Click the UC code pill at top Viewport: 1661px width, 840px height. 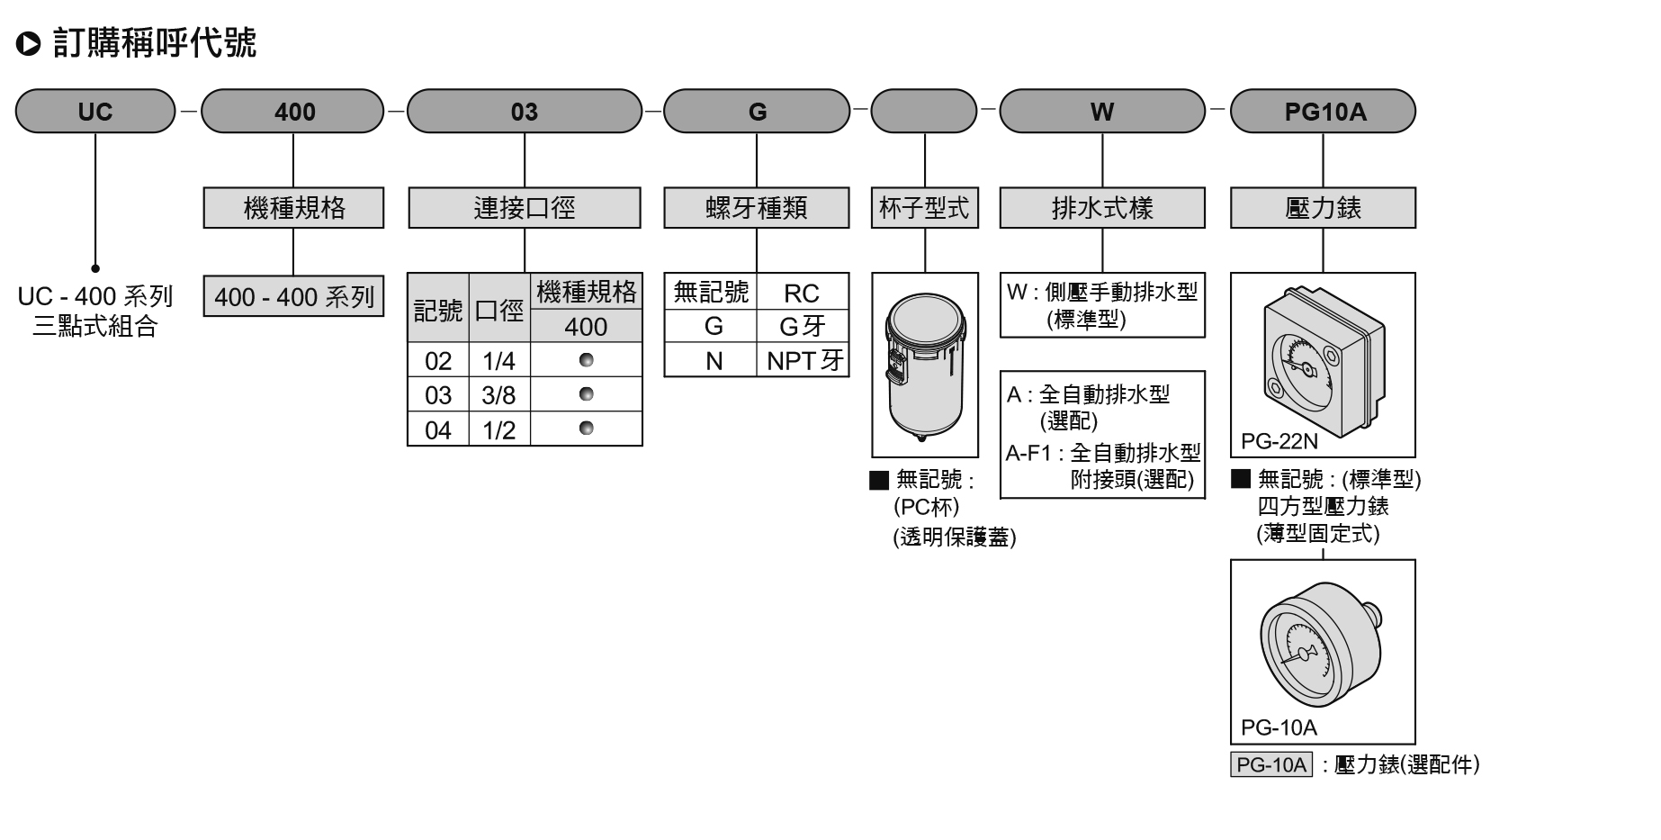[95, 111]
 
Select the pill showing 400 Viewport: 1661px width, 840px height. [293, 111]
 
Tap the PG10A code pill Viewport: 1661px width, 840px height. [1323, 111]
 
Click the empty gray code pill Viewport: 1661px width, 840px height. [924, 111]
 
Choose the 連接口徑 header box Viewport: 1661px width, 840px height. [525, 208]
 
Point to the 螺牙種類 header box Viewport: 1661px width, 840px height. [757, 208]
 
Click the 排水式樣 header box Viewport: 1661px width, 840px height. [1102, 208]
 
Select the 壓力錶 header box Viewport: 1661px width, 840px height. [1323, 208]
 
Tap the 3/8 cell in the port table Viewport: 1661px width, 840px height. [499, 394]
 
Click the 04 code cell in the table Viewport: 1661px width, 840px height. [438, 429]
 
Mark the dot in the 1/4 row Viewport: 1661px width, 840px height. [587, 360]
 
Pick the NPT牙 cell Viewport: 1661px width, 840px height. [804, 360]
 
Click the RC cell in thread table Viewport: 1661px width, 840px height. [802, 293]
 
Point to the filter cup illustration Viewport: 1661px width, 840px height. [925, 366]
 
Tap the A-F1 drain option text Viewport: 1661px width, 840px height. [1103, 465]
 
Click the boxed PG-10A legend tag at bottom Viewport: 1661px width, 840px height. [1271, 764]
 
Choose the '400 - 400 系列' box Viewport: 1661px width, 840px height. [293, 296]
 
